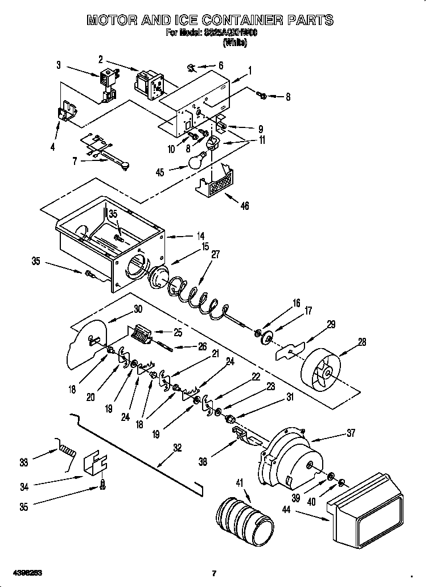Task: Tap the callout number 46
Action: point(245,206)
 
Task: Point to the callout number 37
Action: point(350,433)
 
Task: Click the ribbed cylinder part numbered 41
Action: point(242,518)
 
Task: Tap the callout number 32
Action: point(178,448)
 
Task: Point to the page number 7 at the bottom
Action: point(213,572)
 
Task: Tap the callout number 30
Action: point(137,309)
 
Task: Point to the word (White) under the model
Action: point(234,43)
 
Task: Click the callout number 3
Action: point(58,65)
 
